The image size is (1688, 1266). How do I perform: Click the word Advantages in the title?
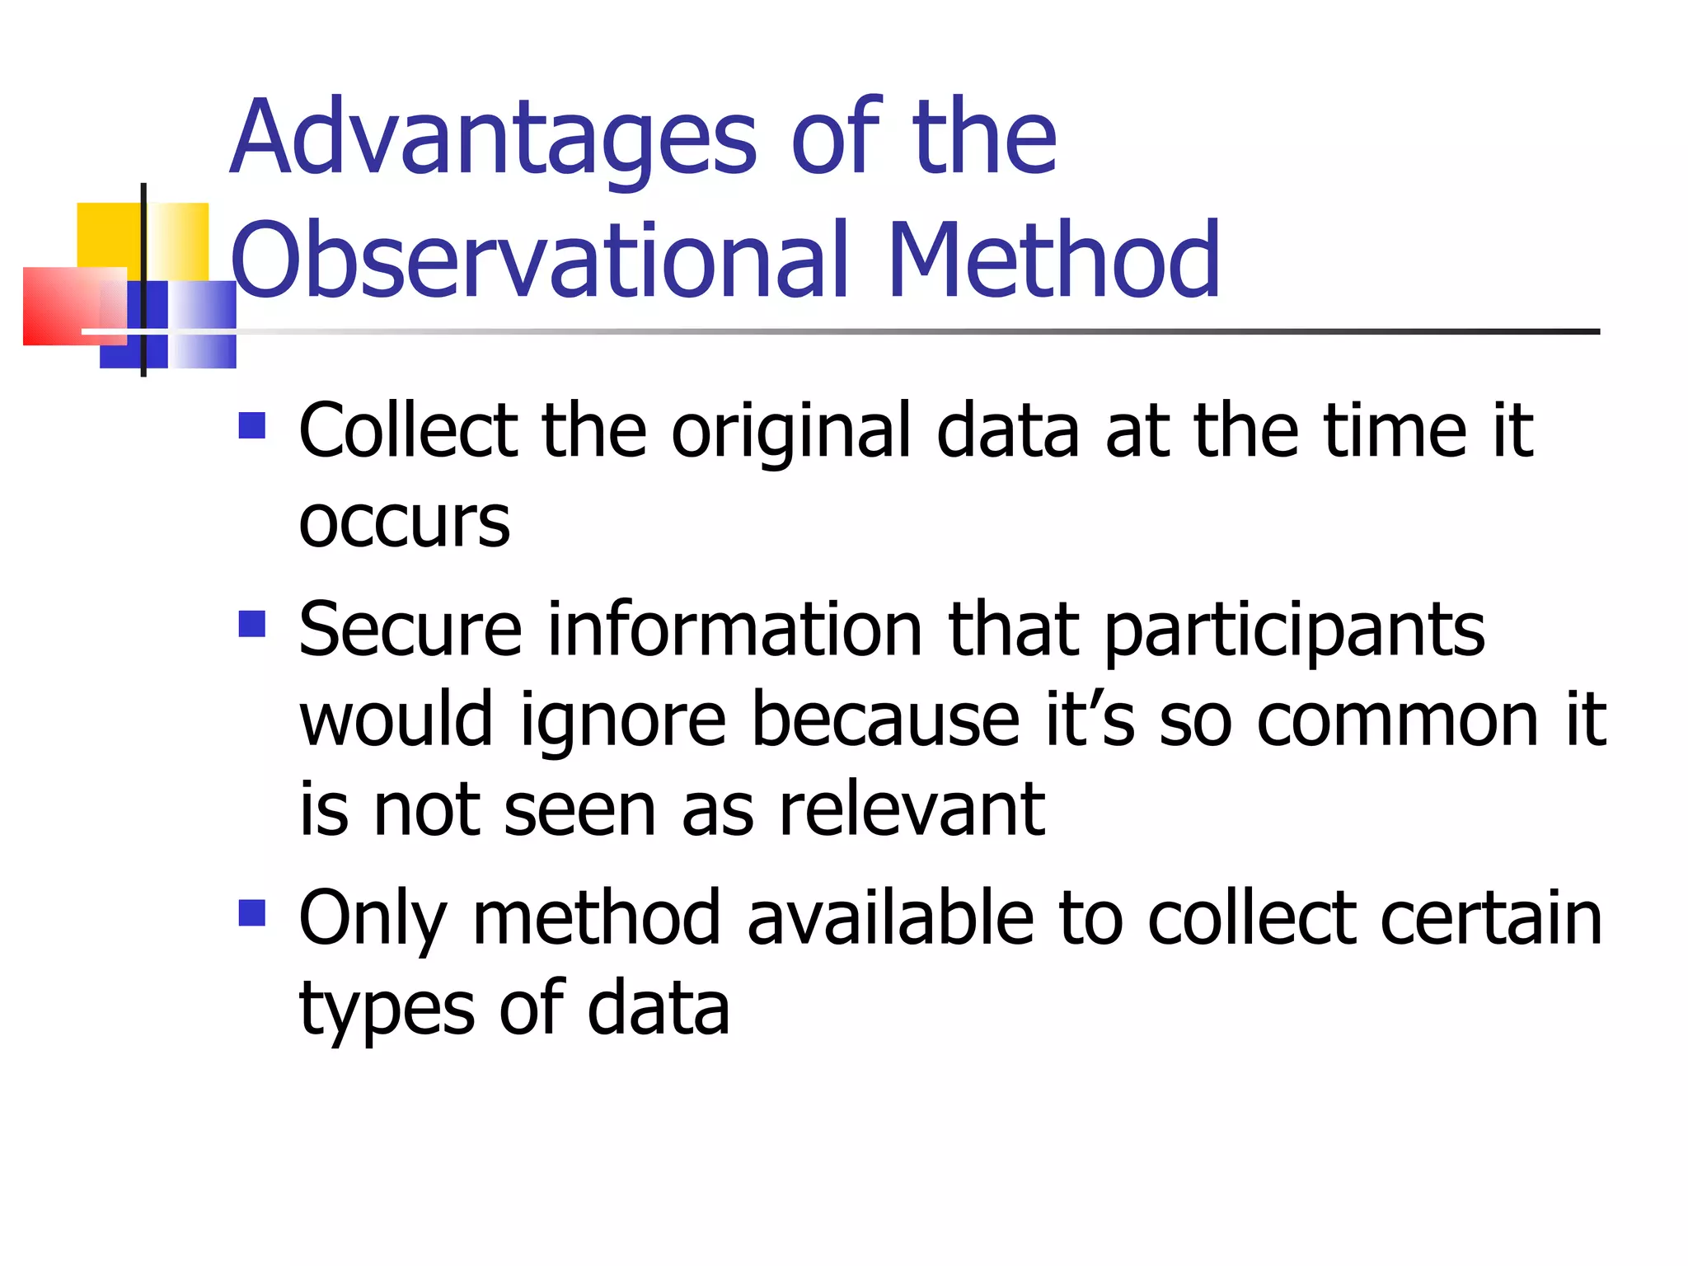[x=493, y=138]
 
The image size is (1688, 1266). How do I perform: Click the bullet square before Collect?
[x=252, y=425]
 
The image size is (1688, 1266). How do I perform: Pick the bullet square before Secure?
[x=252, y=624]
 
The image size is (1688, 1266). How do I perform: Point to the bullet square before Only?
[x=252, y=912]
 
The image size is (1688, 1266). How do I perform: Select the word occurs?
[x=404, y=523]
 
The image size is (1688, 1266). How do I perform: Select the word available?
[x=890, y=918]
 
